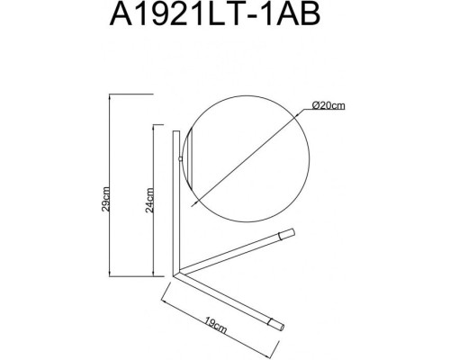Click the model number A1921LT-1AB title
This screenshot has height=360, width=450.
(215, 13)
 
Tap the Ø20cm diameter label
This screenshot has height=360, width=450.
(328, 105)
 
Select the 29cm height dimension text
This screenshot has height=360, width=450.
(105, 199)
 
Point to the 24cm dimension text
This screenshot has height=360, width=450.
(149, 200)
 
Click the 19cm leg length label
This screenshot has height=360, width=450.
(215, 325)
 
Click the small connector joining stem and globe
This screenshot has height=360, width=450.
(180, 158)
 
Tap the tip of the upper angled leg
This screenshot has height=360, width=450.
(292, 232)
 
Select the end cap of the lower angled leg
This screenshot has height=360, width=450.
(281, 328)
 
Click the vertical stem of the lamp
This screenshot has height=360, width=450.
(176, 203)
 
